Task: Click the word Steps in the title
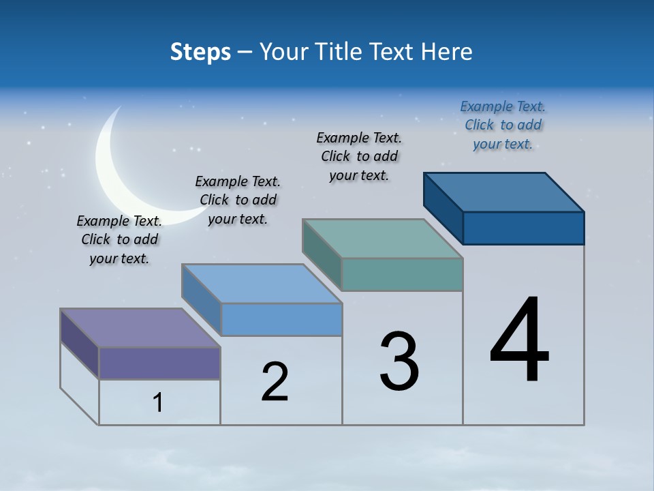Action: coord(200,52)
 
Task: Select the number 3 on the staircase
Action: coord(399,361)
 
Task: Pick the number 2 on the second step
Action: coord(275,381)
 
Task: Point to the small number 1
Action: coord(158,403)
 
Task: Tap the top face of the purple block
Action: coord(140,328)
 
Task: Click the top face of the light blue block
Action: coord(262,284)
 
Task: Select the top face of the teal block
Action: coord(382,239)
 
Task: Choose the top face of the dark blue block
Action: coord(504,192)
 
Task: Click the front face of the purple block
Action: coord(159,363)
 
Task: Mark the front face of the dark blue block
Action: coord(523,228)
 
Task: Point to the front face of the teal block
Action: coord(402,274)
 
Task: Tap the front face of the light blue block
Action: coord(281,319)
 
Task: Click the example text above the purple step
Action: coord(119,240)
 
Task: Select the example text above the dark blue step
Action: coord(503,125)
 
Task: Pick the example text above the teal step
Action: coord(359,156)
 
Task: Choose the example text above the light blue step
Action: coord(238,200)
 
